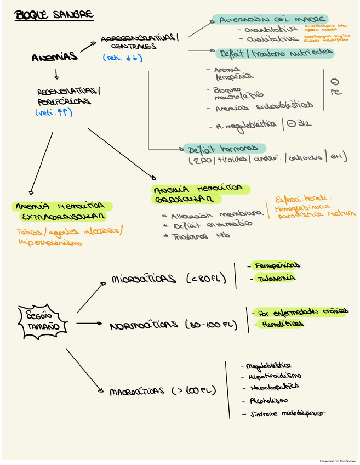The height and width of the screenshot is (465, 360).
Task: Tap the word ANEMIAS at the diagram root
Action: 55,57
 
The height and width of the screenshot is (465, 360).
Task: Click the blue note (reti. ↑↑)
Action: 54,112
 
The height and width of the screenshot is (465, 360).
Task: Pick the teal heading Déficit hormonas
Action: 223,149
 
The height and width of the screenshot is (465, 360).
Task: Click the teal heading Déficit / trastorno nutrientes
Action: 275,53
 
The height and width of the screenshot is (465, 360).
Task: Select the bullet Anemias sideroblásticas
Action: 264,106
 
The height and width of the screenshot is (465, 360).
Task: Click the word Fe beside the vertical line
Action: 336,92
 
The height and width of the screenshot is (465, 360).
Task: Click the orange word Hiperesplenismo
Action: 50,242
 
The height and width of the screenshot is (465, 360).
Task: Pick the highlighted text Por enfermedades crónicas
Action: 301,311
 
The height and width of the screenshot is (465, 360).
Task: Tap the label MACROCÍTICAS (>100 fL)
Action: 163,392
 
